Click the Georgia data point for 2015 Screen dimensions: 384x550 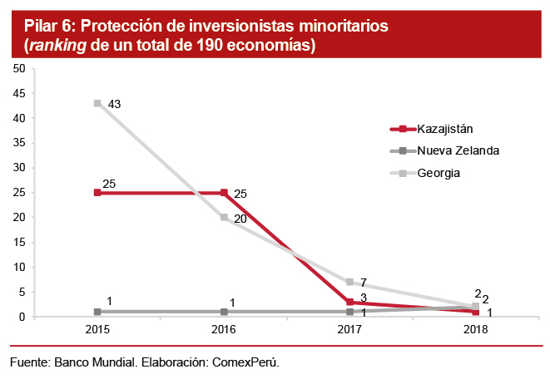pos(97,103)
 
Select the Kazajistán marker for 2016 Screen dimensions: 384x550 pos(224,192)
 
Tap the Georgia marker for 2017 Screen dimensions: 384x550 pos(350,282)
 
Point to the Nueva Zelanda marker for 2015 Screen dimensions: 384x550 pos(97,312)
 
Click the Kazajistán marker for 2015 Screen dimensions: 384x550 pos(97,192)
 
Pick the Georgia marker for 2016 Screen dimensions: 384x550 pos(224,217)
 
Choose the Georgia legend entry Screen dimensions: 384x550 pos(439,173)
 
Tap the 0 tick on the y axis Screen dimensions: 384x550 pos(22,317)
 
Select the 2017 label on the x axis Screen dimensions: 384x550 pos(350,329)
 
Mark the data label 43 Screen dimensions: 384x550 pos(115,104)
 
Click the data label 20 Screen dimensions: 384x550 pos(240,219)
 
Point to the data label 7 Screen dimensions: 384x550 pos(363,283)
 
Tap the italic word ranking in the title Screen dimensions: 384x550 pos(57,45)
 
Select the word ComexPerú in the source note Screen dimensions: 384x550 pos(248,363)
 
